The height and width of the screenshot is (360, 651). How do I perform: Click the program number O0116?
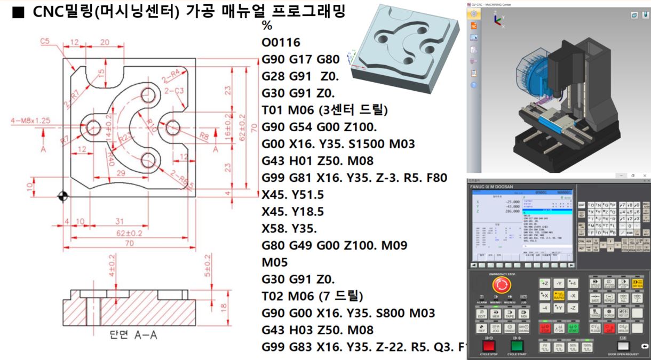click(x=281, y=43)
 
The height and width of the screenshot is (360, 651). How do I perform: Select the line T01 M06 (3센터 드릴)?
click(x=324, y=110)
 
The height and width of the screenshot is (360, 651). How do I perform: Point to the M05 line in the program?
click(x=274, y=262)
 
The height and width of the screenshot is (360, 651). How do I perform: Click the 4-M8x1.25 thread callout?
click(x=30, y=121)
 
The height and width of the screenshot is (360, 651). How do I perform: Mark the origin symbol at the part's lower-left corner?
click(x=63, y=196)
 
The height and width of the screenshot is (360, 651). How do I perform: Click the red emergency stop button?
click(x=501, y=284)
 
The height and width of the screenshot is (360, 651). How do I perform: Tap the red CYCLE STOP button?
click(x=488, y=346)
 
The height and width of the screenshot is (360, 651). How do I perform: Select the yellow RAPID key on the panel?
click(x=558, y=295)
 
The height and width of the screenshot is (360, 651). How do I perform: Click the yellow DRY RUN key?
click(x=637, y=283)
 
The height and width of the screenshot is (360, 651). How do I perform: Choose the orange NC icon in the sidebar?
click(x=474, y=26)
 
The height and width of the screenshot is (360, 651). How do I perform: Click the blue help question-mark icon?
click(x=474, y=84)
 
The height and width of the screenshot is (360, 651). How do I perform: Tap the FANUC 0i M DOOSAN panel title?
click(x=491, y=187)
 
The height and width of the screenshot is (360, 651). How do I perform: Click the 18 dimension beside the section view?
click(x=224, y=307)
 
